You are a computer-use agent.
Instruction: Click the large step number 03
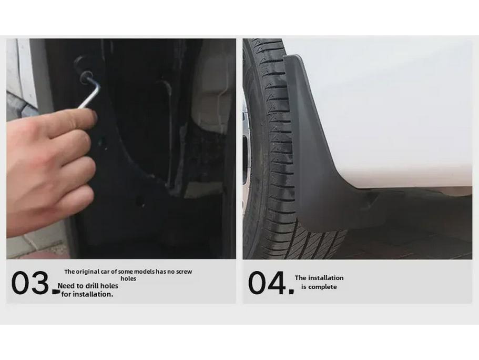[30, 283]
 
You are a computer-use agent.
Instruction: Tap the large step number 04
[267, 283]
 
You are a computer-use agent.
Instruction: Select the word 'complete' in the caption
[323, 287]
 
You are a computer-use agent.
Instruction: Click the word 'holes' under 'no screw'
[128, 278]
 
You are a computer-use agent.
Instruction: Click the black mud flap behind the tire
[315, 158]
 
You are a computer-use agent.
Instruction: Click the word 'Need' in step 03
[66, 286]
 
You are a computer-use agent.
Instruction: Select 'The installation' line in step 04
[319, 278]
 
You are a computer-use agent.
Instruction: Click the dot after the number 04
[291, 291]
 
